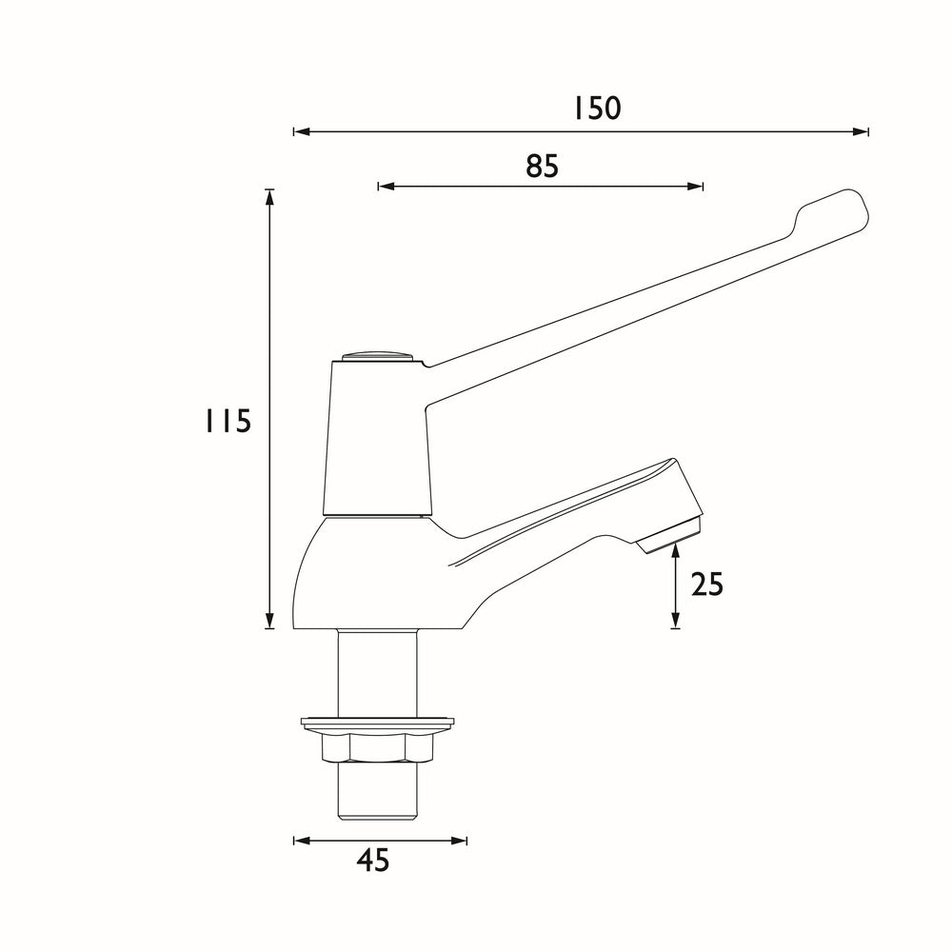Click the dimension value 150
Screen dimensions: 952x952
point(597,108)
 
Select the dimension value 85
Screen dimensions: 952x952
point(542,166)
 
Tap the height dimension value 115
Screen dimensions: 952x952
point(228,420)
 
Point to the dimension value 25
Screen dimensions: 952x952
point(706,584)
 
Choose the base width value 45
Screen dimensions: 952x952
point(373,861)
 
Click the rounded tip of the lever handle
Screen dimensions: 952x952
point(843,208)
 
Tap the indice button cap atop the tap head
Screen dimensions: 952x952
point(378,356)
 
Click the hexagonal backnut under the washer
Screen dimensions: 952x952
point(378,748)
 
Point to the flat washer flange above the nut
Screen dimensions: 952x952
point(378,724)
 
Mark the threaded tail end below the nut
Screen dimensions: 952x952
point(378,790)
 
